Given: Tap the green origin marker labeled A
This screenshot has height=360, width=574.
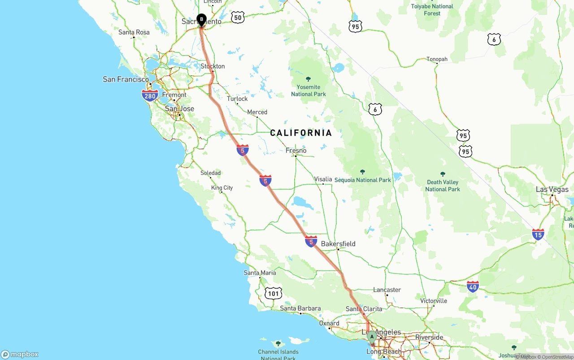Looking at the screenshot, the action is (371, 337).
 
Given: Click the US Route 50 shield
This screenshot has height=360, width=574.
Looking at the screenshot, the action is (238, 18).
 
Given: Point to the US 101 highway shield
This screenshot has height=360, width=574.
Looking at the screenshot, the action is (273, 294).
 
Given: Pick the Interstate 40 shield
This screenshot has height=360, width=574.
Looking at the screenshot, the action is (473, 286).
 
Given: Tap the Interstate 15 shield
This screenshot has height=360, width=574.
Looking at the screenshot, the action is (538, 234).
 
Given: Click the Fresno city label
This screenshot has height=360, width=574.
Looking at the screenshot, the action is (296, 151).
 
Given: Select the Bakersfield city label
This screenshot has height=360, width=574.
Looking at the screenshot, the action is (338, 244).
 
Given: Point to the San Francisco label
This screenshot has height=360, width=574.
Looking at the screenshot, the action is (126, 79).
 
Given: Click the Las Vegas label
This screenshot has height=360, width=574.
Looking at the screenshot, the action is (552, 190).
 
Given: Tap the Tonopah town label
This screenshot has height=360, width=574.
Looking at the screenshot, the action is (437, 59).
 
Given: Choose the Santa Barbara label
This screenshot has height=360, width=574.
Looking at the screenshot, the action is (300, 308).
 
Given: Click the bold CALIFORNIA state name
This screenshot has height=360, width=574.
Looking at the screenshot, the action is (301, 133).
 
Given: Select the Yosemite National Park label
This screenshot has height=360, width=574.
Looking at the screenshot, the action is (309, 91).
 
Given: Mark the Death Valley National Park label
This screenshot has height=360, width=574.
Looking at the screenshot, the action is (443, 186).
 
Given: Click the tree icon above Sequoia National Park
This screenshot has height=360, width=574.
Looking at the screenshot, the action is (362, 172).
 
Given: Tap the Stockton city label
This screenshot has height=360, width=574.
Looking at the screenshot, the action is (213, 66).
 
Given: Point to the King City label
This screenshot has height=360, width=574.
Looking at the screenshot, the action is (222, 188).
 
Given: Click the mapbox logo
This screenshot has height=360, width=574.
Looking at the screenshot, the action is (20, 354).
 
